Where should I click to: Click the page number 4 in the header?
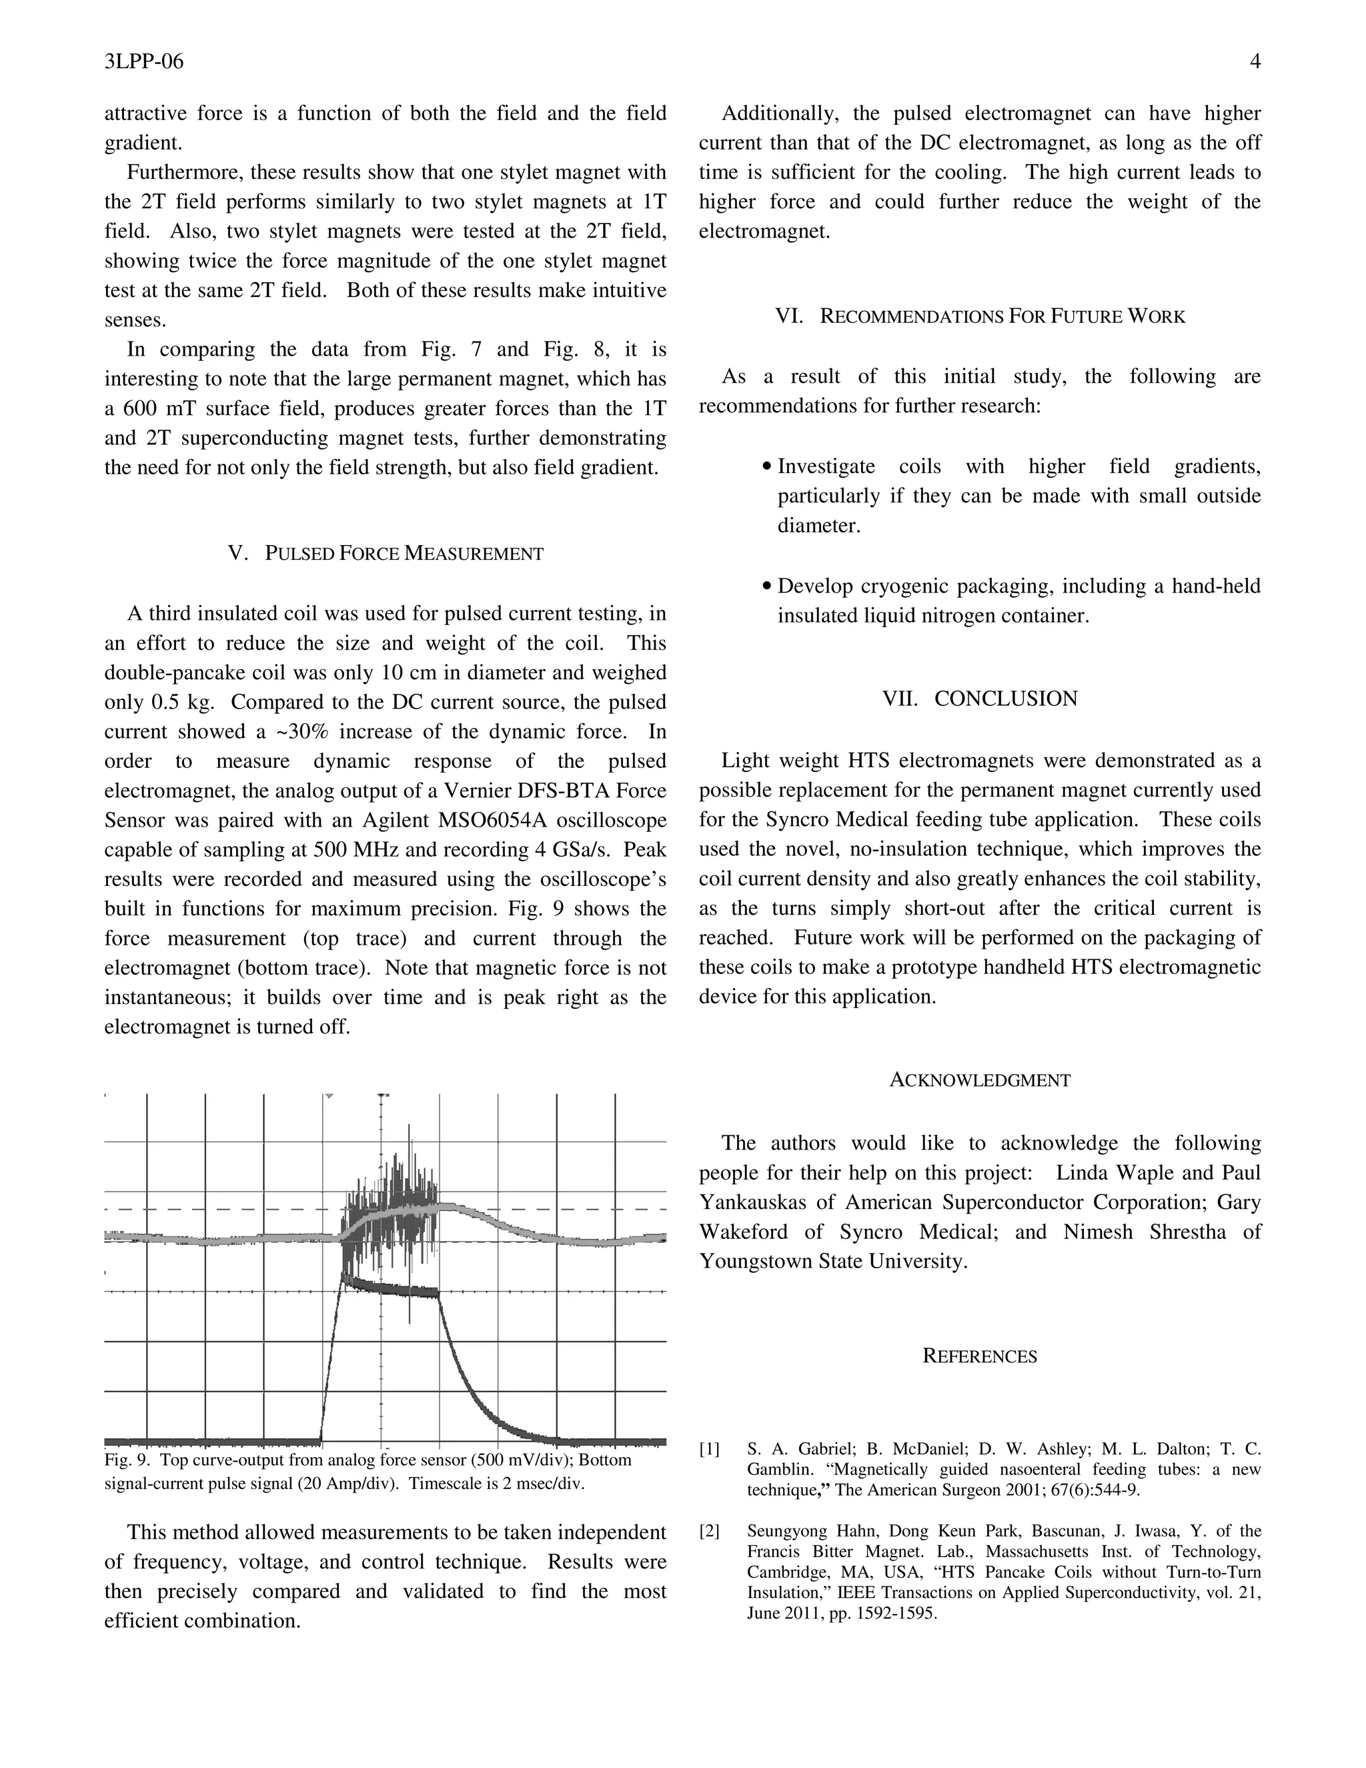(1255, 61)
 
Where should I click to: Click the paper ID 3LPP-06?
(144, 61)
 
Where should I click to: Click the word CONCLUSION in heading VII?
(1006, 699)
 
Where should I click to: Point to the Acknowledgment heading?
(980, 1080)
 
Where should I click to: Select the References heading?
(980, 1357)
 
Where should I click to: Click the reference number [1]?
(709, 1449)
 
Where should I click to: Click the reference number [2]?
(709, 1530)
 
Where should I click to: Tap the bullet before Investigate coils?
(766, 467)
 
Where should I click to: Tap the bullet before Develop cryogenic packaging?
(766, 587)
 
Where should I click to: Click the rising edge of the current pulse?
(331, 1360)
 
